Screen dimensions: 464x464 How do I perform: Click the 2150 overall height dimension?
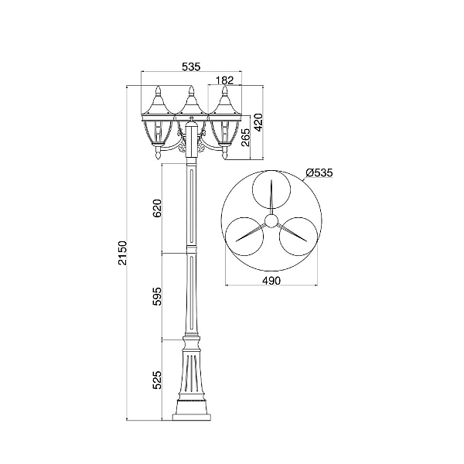pos(122,253)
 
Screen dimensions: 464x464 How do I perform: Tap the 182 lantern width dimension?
pos(224,80)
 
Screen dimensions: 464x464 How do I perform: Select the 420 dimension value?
pos(258,122)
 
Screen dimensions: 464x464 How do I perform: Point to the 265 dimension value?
pos(246,138)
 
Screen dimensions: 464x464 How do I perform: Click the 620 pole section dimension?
pos(157,208)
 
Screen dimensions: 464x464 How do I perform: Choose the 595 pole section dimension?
pos(157,296)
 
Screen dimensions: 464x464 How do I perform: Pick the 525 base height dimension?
pos(157,380)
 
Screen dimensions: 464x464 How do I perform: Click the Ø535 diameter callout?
pos(319,172)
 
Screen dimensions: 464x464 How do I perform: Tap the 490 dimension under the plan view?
pos(271,280)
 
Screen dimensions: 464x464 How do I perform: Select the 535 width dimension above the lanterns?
pos(191,67)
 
